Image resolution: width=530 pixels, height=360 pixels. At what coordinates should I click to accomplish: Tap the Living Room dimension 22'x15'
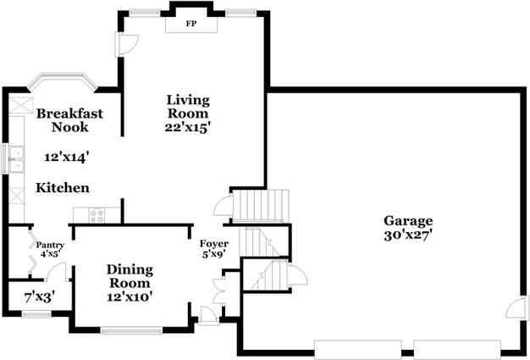point(187,127)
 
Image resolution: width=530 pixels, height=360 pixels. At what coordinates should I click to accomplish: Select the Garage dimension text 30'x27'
point(410,234)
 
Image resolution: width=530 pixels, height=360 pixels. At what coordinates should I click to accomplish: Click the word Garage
point(410,219)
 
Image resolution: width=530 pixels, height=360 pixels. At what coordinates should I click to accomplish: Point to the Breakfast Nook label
point(69,120)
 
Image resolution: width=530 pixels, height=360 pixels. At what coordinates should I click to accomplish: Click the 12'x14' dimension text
point(64,156)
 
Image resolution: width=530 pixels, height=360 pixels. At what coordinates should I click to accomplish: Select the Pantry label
point(50,246)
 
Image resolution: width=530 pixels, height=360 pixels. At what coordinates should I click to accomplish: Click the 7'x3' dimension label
point(39,296)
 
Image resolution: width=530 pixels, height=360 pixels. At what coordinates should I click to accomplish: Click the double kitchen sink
point(15,158)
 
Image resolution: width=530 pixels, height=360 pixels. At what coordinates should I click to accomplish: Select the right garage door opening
point(456,348)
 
